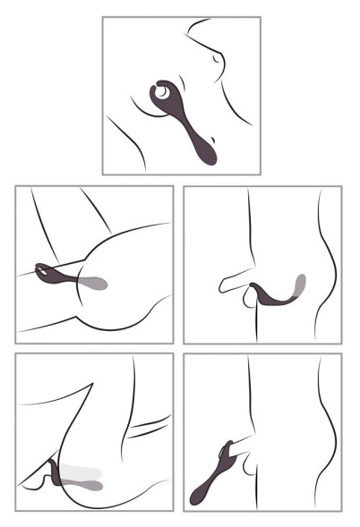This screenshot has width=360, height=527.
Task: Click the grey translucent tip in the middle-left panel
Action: point(96,284)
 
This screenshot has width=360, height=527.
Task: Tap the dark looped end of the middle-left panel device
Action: point(45,268)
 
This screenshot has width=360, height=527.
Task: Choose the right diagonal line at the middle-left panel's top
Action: point(99,210)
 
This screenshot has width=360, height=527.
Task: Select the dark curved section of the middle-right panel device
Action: point(269,298)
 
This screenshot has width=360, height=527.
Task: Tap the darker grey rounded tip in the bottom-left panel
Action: point(90,484)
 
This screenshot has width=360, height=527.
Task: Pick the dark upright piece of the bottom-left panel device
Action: point(59,473)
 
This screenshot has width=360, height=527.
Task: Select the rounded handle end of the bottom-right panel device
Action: point(197,495)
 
